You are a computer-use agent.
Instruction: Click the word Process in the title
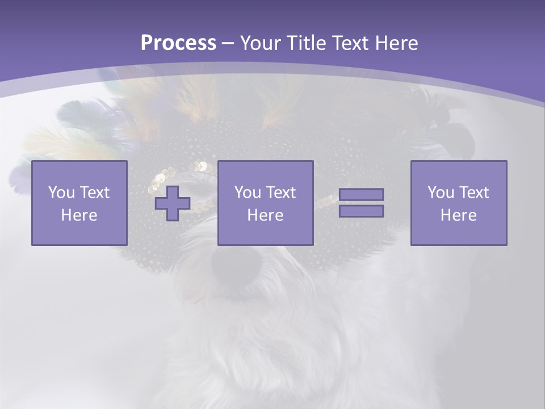(x=178, y=43)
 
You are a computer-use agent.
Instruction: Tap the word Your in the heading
(x=261, y=43)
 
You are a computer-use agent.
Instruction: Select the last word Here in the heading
(x=396, y=43)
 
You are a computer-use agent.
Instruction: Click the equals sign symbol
(x=361, y=203)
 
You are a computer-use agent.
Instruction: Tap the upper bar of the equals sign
(x=361, y=195)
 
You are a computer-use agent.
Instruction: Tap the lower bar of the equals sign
(x=361, y=211)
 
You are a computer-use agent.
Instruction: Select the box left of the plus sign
(x=79, y=203)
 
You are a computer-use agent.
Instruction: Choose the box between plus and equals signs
(x=265, y=203)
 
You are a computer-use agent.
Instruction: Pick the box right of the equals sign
(x=458, y=203)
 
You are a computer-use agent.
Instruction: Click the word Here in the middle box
(x=265, y=215)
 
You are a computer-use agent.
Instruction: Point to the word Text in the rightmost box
(x=474, y=193)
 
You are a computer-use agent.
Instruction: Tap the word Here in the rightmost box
(x=458, y=215)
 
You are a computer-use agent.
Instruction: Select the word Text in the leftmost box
(x=95, y=193)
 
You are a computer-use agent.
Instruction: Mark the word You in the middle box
(x=248, y=193)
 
